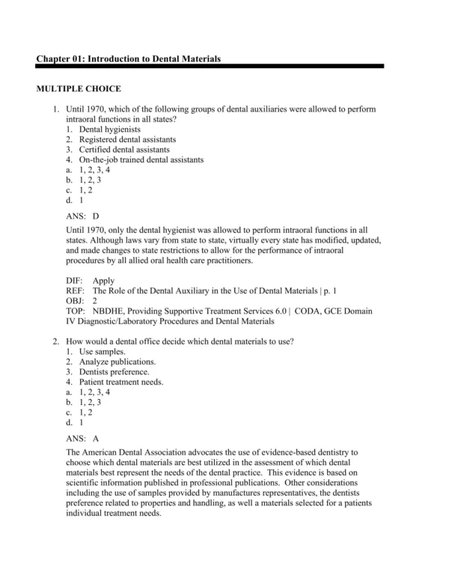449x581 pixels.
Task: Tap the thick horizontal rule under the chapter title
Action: pos(210,66)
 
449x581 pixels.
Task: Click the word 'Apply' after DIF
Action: pos(104,280)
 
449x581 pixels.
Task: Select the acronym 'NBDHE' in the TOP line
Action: pos(111,311)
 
